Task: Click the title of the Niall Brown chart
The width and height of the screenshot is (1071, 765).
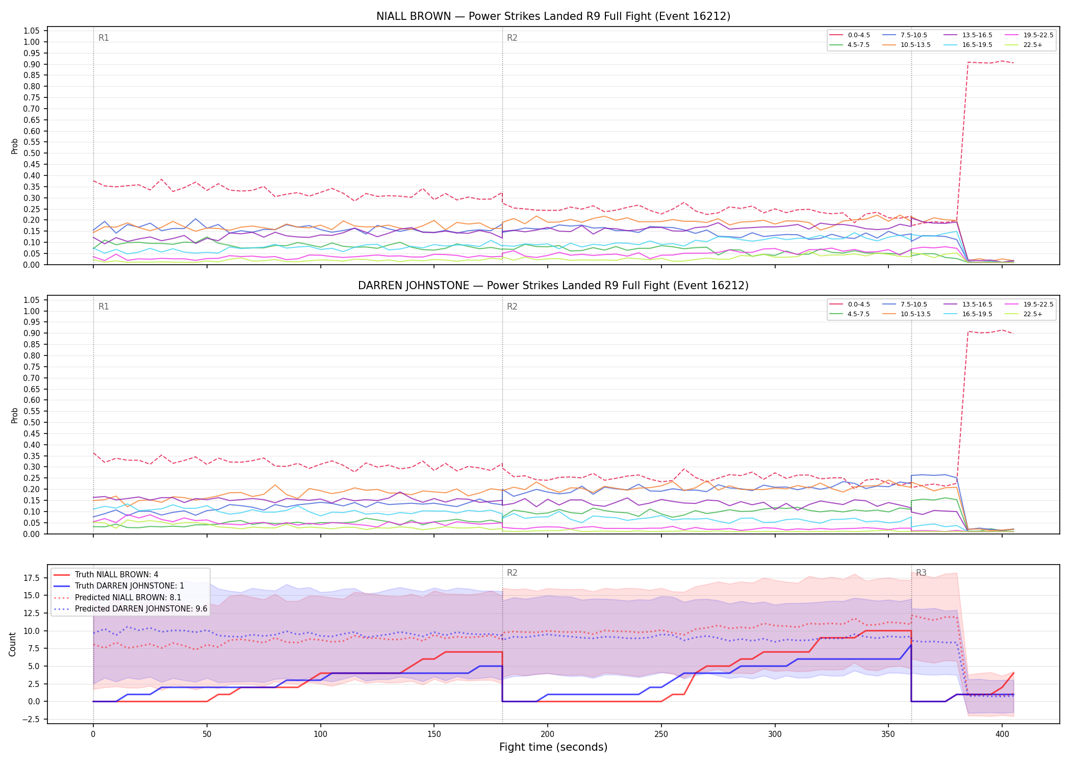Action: pos(553,16)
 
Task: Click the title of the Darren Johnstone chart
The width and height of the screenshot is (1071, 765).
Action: pos(553,286)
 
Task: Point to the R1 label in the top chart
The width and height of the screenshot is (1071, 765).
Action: pos(104,38)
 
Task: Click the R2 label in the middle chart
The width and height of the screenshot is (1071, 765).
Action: pos(512,307)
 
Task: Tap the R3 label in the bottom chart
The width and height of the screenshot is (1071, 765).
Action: pos(921,573)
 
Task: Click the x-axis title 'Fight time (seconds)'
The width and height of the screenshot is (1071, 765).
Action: pos(553,747)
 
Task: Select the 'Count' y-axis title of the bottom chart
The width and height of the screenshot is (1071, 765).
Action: pos(13,644)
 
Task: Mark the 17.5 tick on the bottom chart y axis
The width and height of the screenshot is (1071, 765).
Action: pos(32,578)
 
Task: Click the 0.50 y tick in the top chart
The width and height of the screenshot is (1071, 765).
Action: pos(32,153)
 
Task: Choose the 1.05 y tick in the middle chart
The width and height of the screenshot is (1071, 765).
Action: pos(32,300)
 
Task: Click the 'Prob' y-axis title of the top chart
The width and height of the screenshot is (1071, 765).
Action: pos(15,146)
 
